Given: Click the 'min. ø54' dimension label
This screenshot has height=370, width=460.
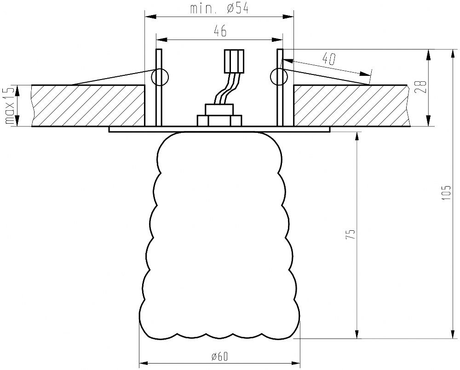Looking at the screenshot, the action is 219,8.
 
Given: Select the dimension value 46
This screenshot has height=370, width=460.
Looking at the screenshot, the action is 220,31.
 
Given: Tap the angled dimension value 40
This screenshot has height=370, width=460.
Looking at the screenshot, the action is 329,59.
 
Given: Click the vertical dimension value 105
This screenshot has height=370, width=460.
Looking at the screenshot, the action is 447,193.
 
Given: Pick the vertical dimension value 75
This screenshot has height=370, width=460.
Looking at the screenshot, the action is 351,234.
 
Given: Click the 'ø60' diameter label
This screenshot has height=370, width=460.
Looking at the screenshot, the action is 219,357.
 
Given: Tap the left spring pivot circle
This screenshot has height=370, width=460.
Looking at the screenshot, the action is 160,77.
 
